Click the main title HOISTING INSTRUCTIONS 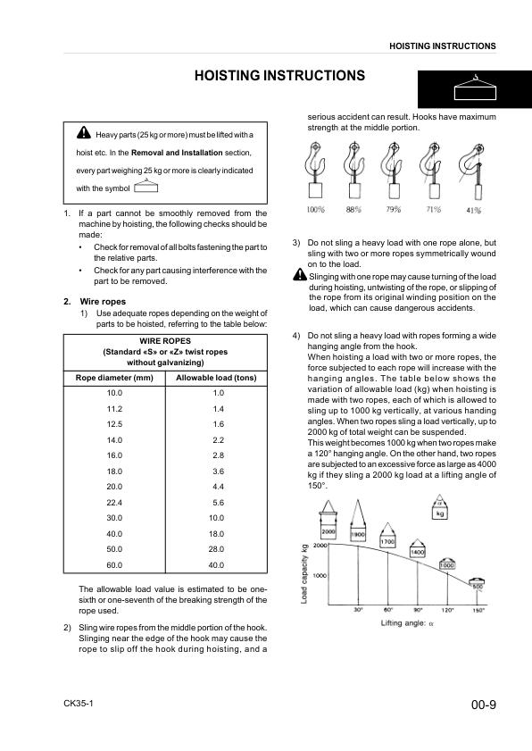[x=278, y=76]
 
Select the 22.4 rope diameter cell [x=114, y=503]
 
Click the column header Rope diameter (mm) [x=114, y=377]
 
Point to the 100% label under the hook [x=315, y=210]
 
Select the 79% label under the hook [x=394, y=210]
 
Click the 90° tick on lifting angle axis [x=418, y=609]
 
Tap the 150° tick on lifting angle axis [x=478, y=609]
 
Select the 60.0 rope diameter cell [x=114, y=564]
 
